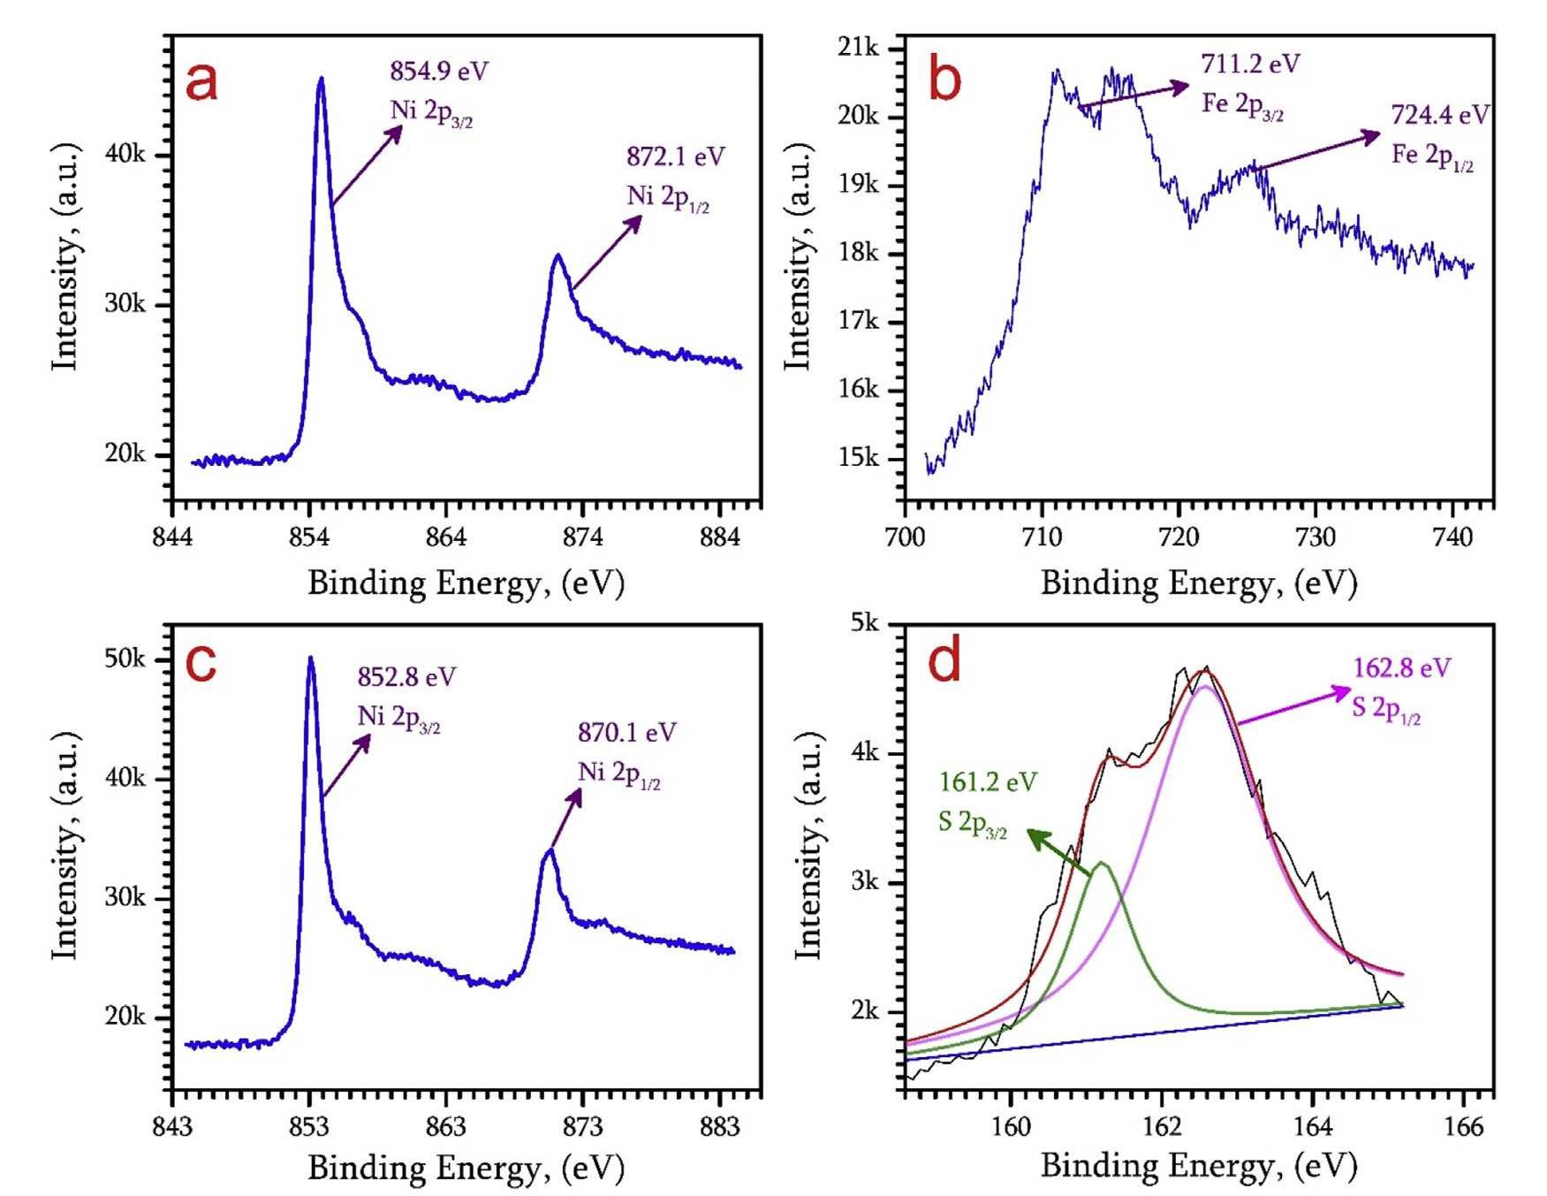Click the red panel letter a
coord(201,81)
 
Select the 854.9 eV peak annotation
coord(438,71)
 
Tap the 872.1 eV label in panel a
coord(675,156)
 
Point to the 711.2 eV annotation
coord(1249,64)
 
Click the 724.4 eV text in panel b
coord(1439,115)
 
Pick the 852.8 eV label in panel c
coord(406,677)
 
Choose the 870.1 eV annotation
coord(626,733)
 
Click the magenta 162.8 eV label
coord(1401,668)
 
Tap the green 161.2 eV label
coord(987,782)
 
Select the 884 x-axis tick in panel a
coord(719,537)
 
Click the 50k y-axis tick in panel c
coord(125,659)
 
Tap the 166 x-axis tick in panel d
coord(1463,1126)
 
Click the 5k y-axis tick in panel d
coord(864,623)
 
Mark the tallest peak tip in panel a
coord(321,79)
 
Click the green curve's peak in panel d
coord(1101,863)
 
